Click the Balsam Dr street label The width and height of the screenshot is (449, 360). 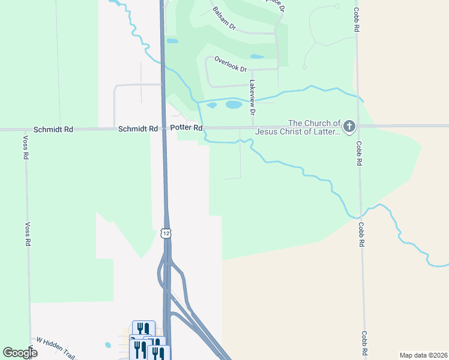224,19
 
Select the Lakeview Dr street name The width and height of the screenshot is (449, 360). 253,97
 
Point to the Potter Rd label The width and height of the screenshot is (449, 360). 186,128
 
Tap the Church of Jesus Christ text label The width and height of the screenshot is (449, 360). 298,127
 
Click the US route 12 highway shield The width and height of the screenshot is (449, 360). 166,233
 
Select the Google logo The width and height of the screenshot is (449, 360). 20,352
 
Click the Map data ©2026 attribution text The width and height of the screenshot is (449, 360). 423,355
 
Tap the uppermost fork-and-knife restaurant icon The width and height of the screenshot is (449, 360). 143,328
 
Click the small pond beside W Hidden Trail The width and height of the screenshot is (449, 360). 107,345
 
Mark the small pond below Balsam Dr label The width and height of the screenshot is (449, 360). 172,41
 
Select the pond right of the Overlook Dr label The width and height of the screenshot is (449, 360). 256,57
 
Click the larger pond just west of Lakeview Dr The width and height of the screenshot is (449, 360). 234,104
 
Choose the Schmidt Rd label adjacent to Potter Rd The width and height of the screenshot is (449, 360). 137,128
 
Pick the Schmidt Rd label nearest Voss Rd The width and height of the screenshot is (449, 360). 53,129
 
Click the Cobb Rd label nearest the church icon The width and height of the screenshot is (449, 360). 358,154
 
